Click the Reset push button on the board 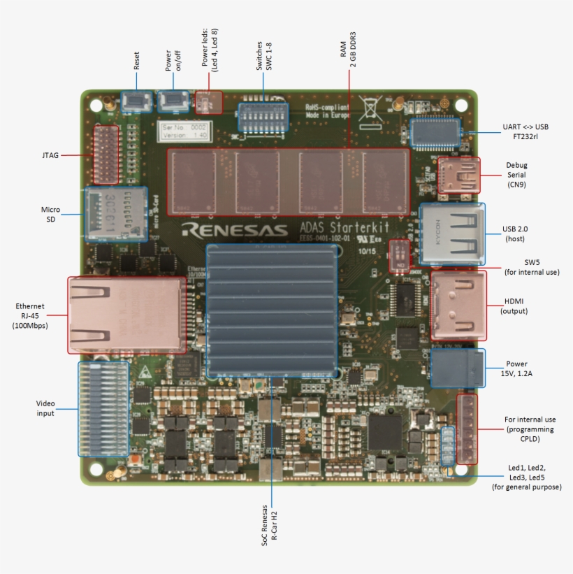pos(138,102)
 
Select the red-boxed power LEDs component pos(208,103)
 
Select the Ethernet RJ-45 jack pos(126,314)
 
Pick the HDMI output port pos(458,305)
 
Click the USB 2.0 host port pos(452,235)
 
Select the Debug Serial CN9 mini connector pos(459,175)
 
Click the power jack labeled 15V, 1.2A pos(457,368)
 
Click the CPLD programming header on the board pos(467,429)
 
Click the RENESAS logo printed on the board pos(234,230)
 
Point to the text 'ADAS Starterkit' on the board pos(344,227)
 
